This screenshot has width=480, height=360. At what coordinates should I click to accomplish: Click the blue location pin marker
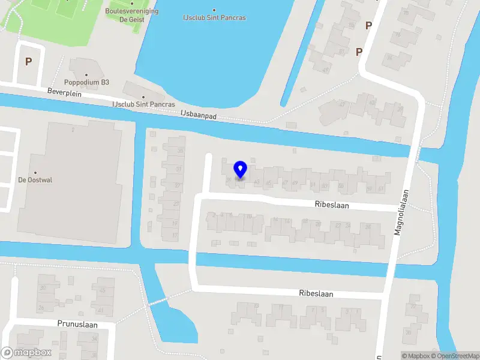pyautogui.click(x=240, y=170)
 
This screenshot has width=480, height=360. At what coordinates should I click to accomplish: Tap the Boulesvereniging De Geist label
pyautogui.click(x=131, y=14)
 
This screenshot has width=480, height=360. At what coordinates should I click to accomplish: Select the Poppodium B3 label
pyautogui.click(x=88, y=82)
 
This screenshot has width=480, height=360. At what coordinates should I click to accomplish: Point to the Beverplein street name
pyautogui.click(x=64, y=94)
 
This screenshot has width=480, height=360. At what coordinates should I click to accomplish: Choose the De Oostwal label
pyautogui.click(x=35, y=179)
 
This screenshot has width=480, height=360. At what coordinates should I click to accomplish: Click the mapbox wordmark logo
pyautogui.click(x=26, y=353)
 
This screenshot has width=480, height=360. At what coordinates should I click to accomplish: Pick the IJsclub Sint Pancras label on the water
pyautogui.click(x=214, y=17)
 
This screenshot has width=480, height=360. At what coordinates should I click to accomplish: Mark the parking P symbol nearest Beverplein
pyautogui.click(x=28, y=61)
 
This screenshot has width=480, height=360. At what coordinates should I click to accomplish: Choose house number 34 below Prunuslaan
pyautogui.click(x=95, y=339)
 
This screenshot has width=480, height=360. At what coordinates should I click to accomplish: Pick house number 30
pyautogui.click(x=42, y=288)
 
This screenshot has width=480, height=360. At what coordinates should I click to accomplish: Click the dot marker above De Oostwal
pyautogui.click(x=35, y=173)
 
